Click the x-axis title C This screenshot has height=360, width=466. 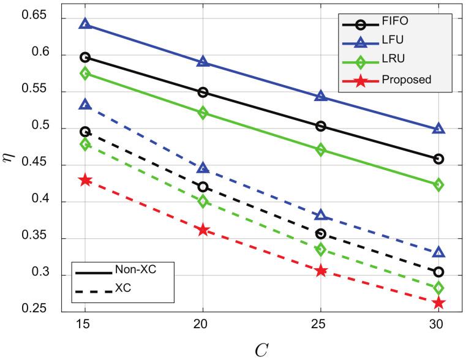(x=261, y=348)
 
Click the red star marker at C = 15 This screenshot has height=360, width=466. (x=85, y=180)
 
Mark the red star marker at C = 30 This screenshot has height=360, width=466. (x=438, y=302)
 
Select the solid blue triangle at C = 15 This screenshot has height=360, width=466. (x=85, y=24)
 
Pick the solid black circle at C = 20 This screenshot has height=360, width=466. (x=203, y=92)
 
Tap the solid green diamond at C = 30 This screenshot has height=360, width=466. (x=438, y=185)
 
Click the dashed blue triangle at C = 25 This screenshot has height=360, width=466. (x=321, y=215)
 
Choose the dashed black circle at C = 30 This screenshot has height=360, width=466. (x=438, y=272)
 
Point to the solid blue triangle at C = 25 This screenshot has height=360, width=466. (x=321, y=96)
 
